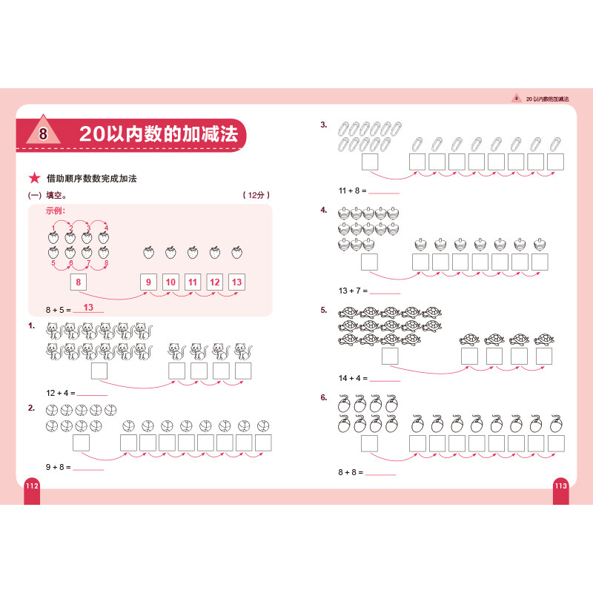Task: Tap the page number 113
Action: click(x=561, y=485)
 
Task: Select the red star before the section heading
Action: click(x=33, y=179)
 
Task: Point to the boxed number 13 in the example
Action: click(x=236, y=282)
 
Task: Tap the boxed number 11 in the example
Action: click(x=193, y=282)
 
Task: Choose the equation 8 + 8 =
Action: click(x=349, y=472)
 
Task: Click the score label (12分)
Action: click(x=256, y=196)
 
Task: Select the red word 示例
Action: click(x=56, y=211)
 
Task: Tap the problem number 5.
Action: click(x=323, y=310)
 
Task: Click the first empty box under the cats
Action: click(x=99, y=371)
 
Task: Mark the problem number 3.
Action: click(x=323, y=125)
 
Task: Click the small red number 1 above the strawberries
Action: click(x=53, y=228)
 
